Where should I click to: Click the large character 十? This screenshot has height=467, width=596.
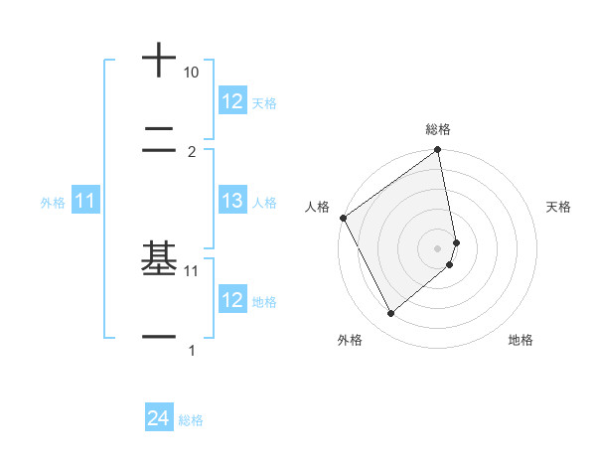(159, 61)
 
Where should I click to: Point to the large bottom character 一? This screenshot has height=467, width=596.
(159, 338)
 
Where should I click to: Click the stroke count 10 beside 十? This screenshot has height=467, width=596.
(192, 73)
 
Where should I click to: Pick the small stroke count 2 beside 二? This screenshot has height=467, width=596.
(192, 151)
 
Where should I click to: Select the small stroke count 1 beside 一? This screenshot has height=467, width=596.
(192, 350)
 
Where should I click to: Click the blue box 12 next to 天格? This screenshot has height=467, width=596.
(232, 101)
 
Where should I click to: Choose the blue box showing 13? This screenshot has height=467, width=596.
(232, 201)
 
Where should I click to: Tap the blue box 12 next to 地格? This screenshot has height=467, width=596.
(232, 300)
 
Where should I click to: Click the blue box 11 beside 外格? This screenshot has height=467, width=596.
(85, 201)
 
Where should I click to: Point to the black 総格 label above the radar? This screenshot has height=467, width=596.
(438, 129)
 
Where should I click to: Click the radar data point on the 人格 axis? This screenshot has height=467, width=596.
(343, 218)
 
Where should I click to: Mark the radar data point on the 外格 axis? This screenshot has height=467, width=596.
(390, 313)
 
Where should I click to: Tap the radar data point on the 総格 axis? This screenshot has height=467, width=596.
(438, 151)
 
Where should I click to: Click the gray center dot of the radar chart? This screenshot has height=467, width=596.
(438, 247)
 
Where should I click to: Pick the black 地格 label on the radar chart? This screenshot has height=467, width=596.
(521, 340)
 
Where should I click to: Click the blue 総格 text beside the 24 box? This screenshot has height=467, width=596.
(191, 420)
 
